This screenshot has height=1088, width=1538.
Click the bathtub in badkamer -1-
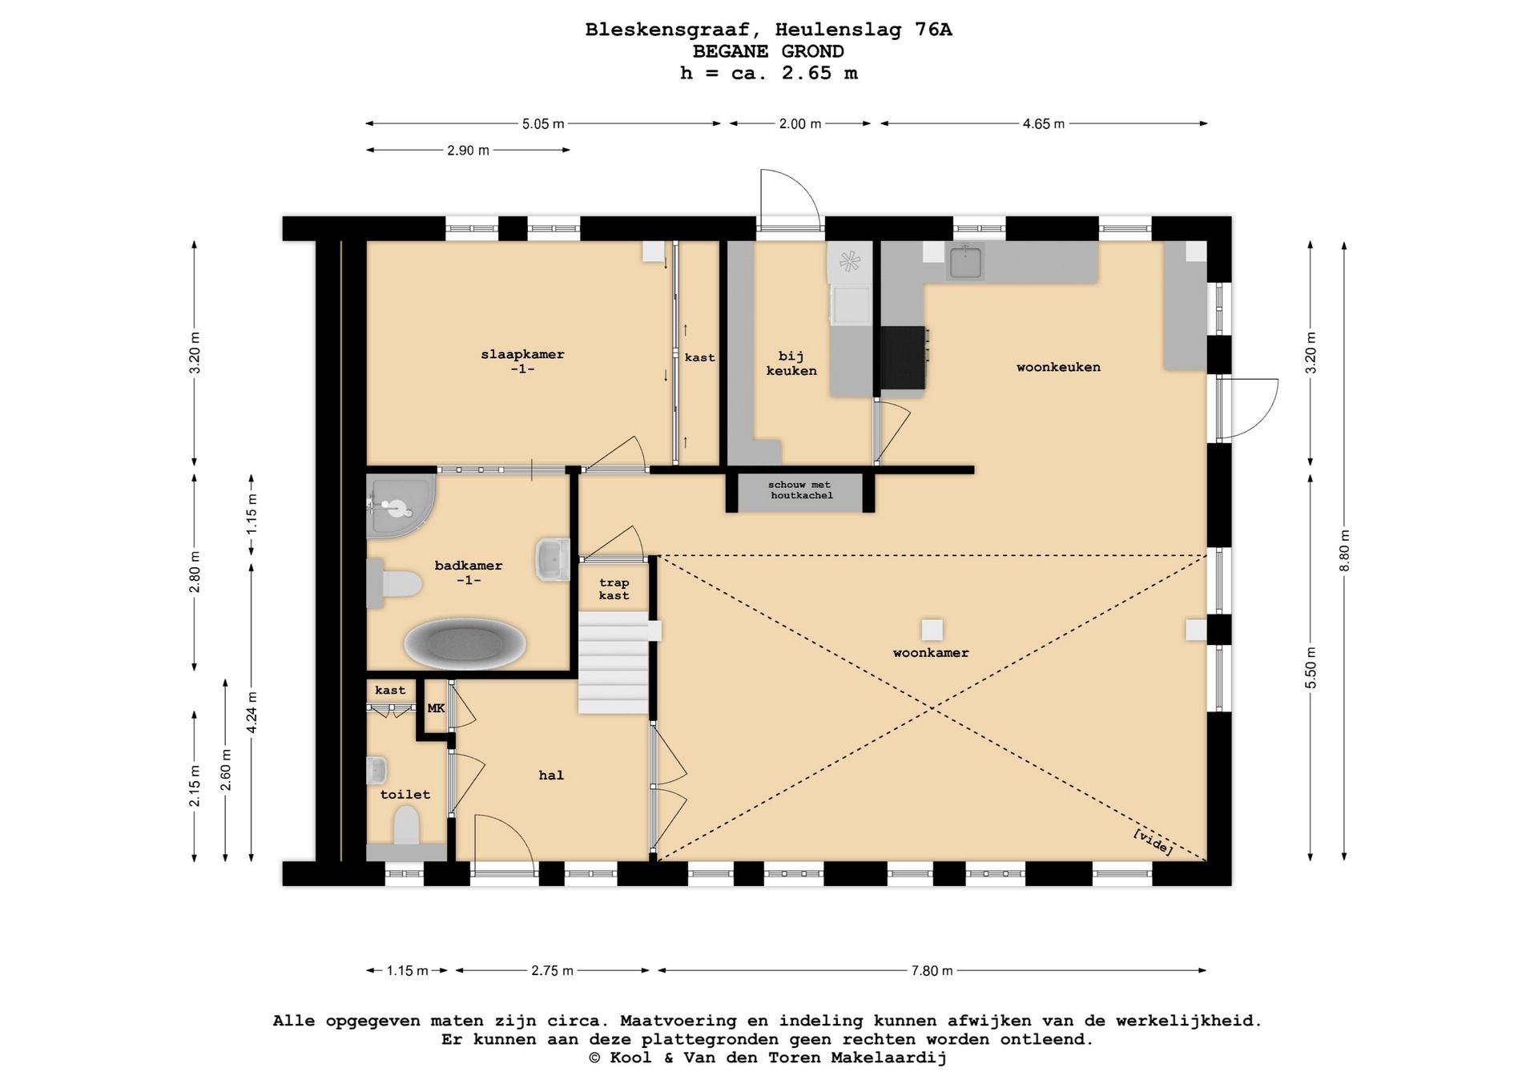point(465,643)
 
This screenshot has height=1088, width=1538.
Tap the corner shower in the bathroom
point(398,506)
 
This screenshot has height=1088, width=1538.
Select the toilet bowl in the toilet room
point(407,825)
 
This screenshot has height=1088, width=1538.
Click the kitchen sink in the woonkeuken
point(965,262)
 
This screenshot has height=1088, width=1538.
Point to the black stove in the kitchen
point(904,357)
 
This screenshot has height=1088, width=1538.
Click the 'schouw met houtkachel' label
point(800,490)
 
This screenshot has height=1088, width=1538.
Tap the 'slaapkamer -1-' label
point(522,361)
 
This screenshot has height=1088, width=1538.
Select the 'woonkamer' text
point(931,653)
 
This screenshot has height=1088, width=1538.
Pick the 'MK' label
point(436,708)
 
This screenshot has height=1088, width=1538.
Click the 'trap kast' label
point(614,589)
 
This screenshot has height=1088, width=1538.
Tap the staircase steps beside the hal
point(614,662)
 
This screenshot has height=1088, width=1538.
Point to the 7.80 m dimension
point(932,971)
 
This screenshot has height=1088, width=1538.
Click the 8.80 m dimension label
point(1344,551)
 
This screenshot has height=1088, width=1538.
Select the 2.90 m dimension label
point(468,151)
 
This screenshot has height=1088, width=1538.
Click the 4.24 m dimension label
point(252,712)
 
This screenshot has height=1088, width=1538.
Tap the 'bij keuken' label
point(791,363)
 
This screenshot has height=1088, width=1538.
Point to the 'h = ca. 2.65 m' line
point(768,73)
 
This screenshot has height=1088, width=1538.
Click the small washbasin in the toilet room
point(376,771)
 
